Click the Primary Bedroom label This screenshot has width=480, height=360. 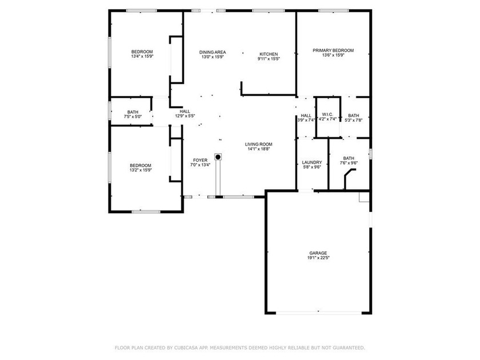[x=333, y=50]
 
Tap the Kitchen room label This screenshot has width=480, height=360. [x=269, y=54]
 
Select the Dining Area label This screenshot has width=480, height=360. [x=213, y=53]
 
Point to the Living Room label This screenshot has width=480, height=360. [x=259, y=145]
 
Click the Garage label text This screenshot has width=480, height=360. [x=318, y=253]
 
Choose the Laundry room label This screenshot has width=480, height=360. [x=312, y=162]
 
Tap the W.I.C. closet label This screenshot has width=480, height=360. [x=327, y=114]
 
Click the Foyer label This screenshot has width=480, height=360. [x=200, y=161]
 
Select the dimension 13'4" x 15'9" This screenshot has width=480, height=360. [x=142, y=57]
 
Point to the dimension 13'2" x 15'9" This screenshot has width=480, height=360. [x=141, y=170]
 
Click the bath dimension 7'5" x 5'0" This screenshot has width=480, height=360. [x=133, y=117]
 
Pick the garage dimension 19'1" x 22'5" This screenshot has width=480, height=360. [x=318, y=258]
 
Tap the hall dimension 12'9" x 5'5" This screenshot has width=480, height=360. [x=185, y=116]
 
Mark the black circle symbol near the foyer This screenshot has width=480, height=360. [x=218, y=157]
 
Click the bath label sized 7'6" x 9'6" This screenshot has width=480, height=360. [x=349, y=158]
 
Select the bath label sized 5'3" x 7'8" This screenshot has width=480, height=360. [x=354, y=115]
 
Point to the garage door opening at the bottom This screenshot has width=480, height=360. [x=319, y=313]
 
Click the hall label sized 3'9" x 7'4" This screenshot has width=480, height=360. [x=306, y=115]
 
